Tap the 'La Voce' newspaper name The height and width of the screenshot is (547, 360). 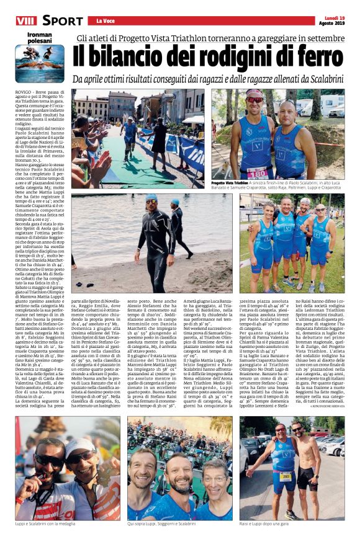pos(99,21)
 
